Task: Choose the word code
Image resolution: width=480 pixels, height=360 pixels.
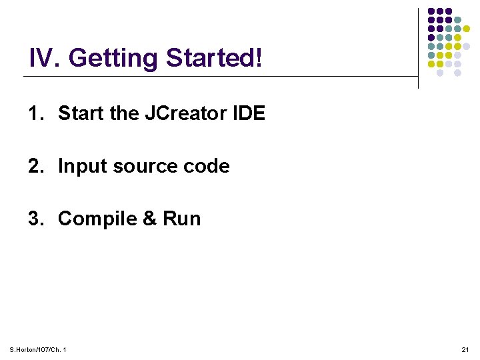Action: tap(209, 167)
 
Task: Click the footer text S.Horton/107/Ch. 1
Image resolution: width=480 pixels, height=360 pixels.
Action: tap(38, 350)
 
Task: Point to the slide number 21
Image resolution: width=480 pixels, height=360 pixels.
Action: tap(465, 350)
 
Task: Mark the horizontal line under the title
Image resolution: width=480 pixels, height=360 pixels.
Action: tap(220, 77)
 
